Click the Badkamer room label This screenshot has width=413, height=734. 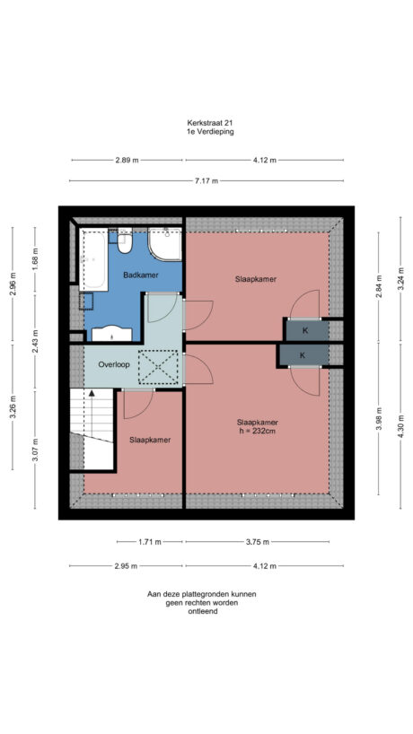click(x=141, y=275)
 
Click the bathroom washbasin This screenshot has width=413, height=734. click(x=111, y=332)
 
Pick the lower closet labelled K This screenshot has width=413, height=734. click(x=302, y=355)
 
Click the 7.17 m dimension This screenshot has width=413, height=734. click(x=206, y=180)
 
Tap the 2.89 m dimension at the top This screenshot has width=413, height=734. click(x=127, y=160)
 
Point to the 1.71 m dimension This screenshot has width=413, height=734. click(x=150, y=542)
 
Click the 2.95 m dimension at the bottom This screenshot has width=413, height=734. click(x=127, y=566)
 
